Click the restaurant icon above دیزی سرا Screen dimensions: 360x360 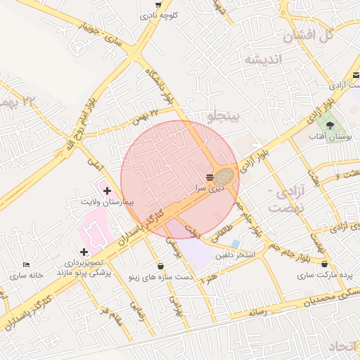tap(210, 176)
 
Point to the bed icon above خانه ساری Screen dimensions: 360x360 tap(26, 264)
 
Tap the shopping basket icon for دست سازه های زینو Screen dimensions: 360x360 tap(162, 266)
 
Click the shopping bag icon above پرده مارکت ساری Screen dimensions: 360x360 tap(324, 264)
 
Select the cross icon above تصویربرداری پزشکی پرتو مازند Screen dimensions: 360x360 tap(84, 251)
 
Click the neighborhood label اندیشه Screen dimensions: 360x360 tap(262, 60)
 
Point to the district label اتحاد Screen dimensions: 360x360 tap(344, 347)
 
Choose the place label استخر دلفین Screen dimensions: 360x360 tap(235, 255)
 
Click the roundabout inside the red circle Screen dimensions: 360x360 tap(224, 176)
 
